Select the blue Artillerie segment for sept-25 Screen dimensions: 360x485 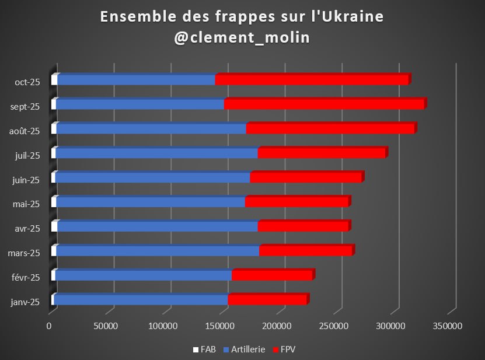click(x=140, y=104)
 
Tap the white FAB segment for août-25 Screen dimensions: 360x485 click(x=54, y=129)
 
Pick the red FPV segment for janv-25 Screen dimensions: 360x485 click(x=267, y=300)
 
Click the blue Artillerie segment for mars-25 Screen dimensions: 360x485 click(x=158, y=251)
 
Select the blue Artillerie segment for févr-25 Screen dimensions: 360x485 click(x=143, y=275)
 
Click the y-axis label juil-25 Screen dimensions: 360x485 click(x=26, y=155)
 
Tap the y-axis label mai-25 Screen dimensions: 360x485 click(x=26, y=204)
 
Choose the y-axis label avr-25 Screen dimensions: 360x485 click(x=27, y=229)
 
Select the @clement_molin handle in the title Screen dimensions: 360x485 click(x=242, y=37)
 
